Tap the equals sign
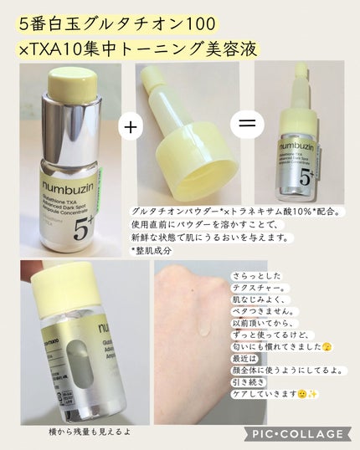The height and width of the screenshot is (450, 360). tap(246, 125)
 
